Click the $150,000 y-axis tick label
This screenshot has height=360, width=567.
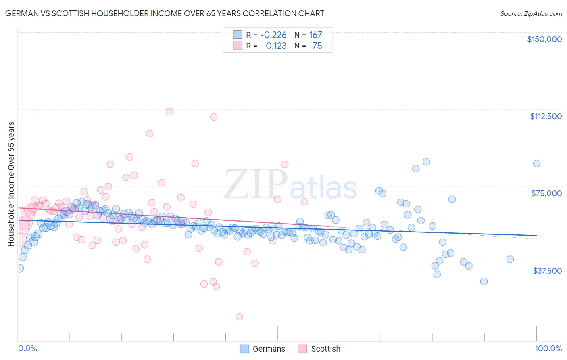tap(544, 39)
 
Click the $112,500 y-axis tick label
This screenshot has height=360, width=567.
tap(546, 116)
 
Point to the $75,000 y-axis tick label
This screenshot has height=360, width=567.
tap(546, 193)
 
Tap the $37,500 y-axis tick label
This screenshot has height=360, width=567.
tap(547, 271)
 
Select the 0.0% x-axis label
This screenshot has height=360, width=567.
tap(27, 348)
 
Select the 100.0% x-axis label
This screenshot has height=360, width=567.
tap(548, 348)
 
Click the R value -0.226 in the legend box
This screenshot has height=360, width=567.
tap(273, 35)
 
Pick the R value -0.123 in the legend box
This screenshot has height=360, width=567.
tap(274, 46)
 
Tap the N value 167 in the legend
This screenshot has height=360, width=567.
tap(315, 35)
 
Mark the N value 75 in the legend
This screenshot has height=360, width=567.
tap(317, 46)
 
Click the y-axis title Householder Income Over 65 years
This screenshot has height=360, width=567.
tap(11, 184)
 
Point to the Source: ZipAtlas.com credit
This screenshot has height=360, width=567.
tap(531, 13)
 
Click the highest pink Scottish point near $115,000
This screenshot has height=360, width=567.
tap(169, 111)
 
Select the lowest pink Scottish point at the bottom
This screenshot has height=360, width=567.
tap(239, 317)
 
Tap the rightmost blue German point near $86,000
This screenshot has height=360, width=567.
tap(536, 163)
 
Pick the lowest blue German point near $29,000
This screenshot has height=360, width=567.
tap(484, 281)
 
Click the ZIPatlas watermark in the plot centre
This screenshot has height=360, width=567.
tap(290, 185)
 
